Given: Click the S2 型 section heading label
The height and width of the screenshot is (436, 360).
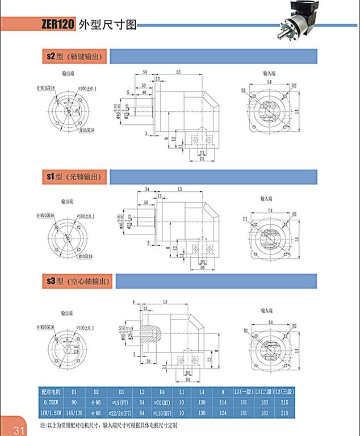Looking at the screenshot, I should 75,57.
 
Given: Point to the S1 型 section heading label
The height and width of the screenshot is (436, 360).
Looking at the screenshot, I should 75,177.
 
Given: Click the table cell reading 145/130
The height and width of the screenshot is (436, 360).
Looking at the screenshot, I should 74,412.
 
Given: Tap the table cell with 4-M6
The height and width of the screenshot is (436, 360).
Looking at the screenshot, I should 97,402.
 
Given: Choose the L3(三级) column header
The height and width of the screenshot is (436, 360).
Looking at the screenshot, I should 284,392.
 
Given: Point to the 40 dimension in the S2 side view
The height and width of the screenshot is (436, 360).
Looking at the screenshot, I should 144,92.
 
